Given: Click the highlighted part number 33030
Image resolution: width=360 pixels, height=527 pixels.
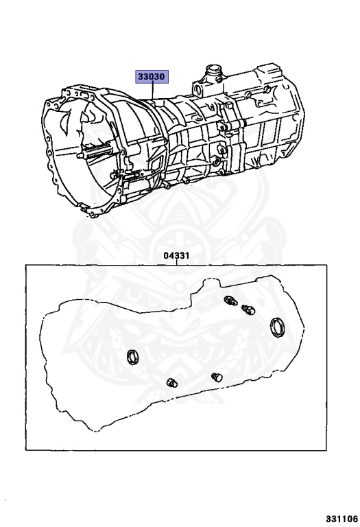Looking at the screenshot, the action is click(x=152, y=77).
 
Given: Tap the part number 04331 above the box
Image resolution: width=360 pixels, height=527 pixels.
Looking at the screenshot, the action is click(x=177, y=255).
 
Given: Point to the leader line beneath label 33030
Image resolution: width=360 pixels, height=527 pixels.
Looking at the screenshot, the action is click(x=152, y=91).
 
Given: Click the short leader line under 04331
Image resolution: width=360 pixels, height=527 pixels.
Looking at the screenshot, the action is click(x=177, y=262).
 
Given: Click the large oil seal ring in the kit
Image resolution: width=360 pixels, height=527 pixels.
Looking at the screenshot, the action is click(x=278, y=327).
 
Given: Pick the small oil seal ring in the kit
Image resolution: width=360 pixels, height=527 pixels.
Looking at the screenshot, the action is click(x=132, y=357).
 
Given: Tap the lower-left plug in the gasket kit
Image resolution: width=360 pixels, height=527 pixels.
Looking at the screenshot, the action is click(x=172, y=382).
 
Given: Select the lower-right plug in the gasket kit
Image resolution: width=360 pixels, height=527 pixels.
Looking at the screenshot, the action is click(x=217, y=377).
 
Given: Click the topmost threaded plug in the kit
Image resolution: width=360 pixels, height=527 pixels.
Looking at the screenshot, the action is click(x=230, y=300).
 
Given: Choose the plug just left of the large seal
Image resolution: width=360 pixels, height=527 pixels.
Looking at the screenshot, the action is click(x=248, y=309).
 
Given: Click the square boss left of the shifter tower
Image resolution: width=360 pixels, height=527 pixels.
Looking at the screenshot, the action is click(x=197, y=90).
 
